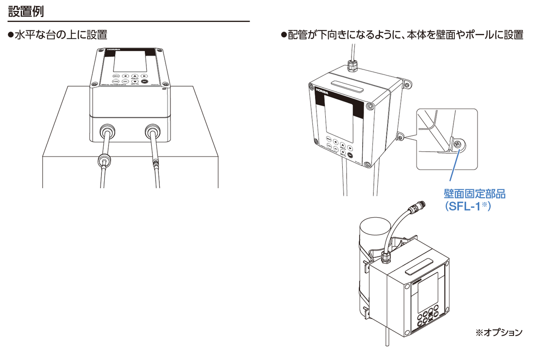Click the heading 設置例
pos(26,11)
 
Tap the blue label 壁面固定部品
pos(475,194)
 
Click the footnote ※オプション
pos(499,332)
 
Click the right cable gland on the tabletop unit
pos(152,132)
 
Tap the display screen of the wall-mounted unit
pos(339,114)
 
